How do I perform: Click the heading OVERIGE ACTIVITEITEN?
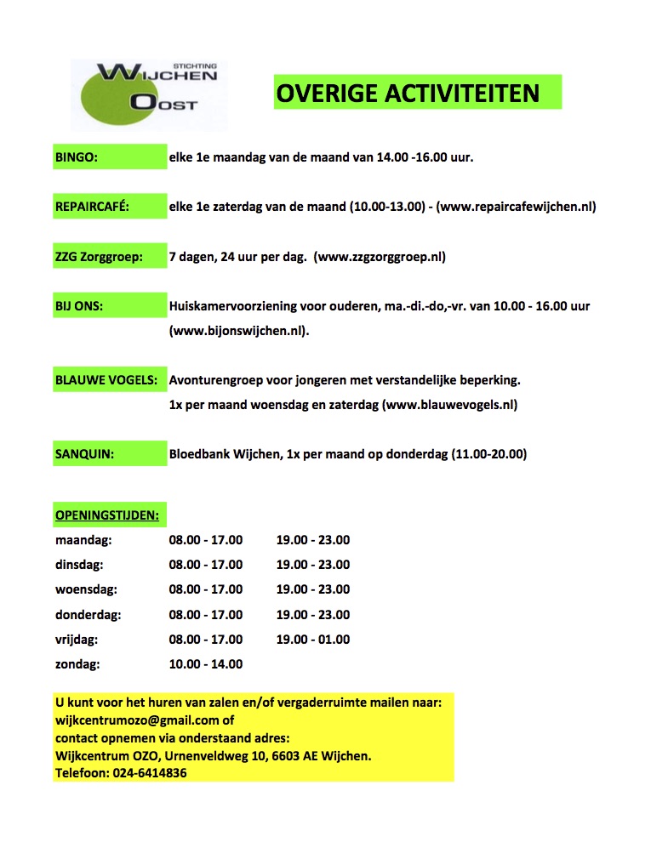pos(417,92)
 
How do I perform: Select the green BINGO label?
pos(77,157)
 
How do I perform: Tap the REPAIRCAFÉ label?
pos(92,207)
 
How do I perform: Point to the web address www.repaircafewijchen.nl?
pos(516,207)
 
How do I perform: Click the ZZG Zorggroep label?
pos(99,256)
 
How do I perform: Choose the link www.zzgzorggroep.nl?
pos(380,256)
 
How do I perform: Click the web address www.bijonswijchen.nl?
pos(239,331)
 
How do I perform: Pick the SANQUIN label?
pos(84,454)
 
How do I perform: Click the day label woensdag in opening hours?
pos(86,589)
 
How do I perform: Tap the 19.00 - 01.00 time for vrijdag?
pos(313,640)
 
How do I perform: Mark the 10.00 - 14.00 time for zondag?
pos(206,664)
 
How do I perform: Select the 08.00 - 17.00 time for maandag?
pos(206,540)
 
